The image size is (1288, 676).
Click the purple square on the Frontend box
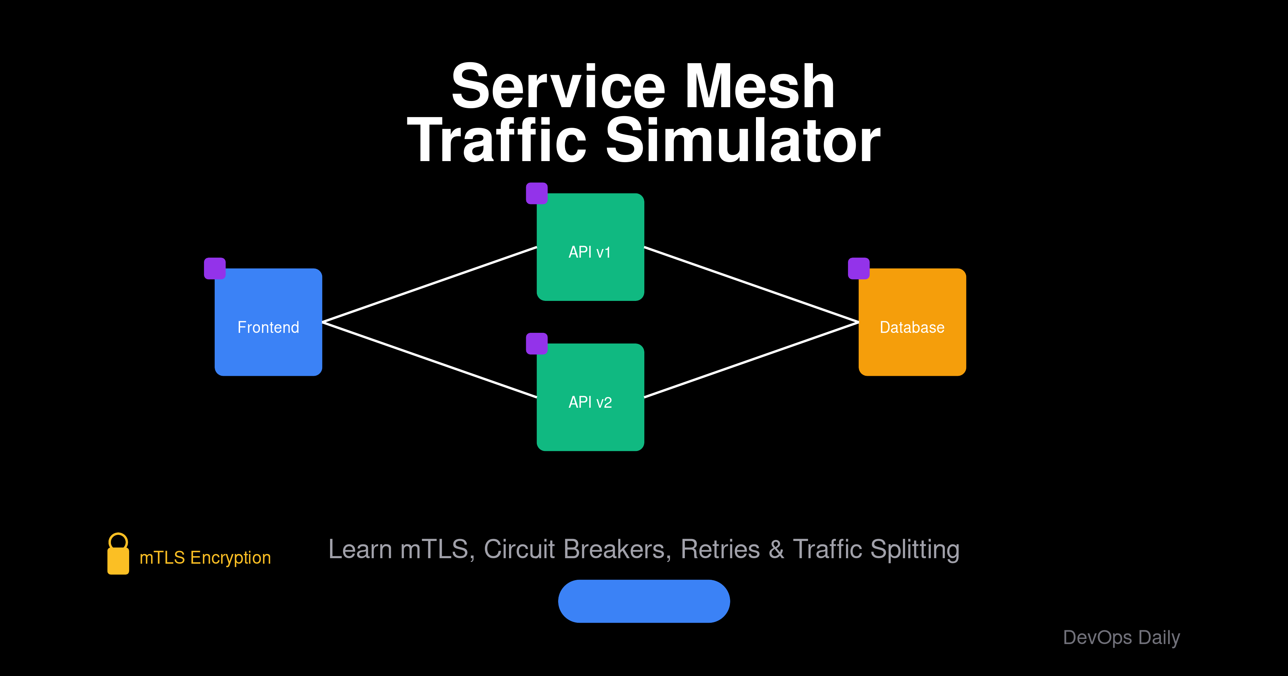(215, 269)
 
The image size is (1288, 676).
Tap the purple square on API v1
(536, 193)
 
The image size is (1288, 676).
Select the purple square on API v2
(536, 343)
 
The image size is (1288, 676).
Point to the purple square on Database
(859, 269)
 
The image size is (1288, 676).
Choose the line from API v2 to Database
(751, 360)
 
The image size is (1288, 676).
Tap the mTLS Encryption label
(205, 557)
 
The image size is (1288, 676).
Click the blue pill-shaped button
(644, 601)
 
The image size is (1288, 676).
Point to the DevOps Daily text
(1121, 638)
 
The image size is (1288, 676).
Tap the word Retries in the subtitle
(720, 549)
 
